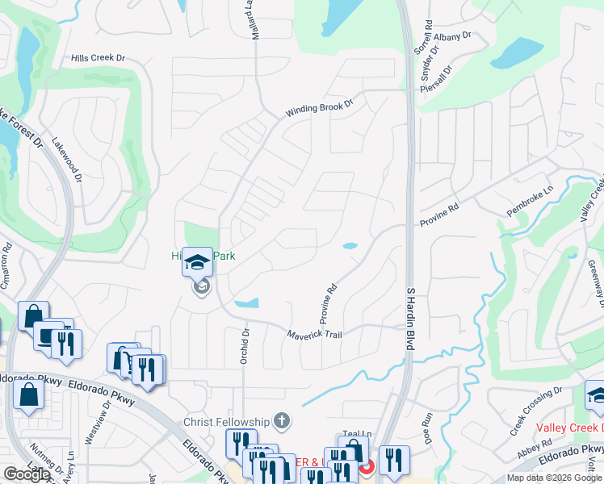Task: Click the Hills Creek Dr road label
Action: (99, 59)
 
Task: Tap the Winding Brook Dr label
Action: (320, 109)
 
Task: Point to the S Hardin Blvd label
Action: (410, 318)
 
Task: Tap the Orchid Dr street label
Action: (244, 346)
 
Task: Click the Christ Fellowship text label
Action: (226, 422)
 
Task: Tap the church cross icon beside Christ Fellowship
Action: (281, 421)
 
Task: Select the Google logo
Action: (27, 474)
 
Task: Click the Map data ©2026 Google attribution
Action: (554, 478)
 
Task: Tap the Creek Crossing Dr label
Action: (535, 411)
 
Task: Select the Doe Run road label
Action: (428, 426)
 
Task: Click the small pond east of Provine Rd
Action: (350, 246)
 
